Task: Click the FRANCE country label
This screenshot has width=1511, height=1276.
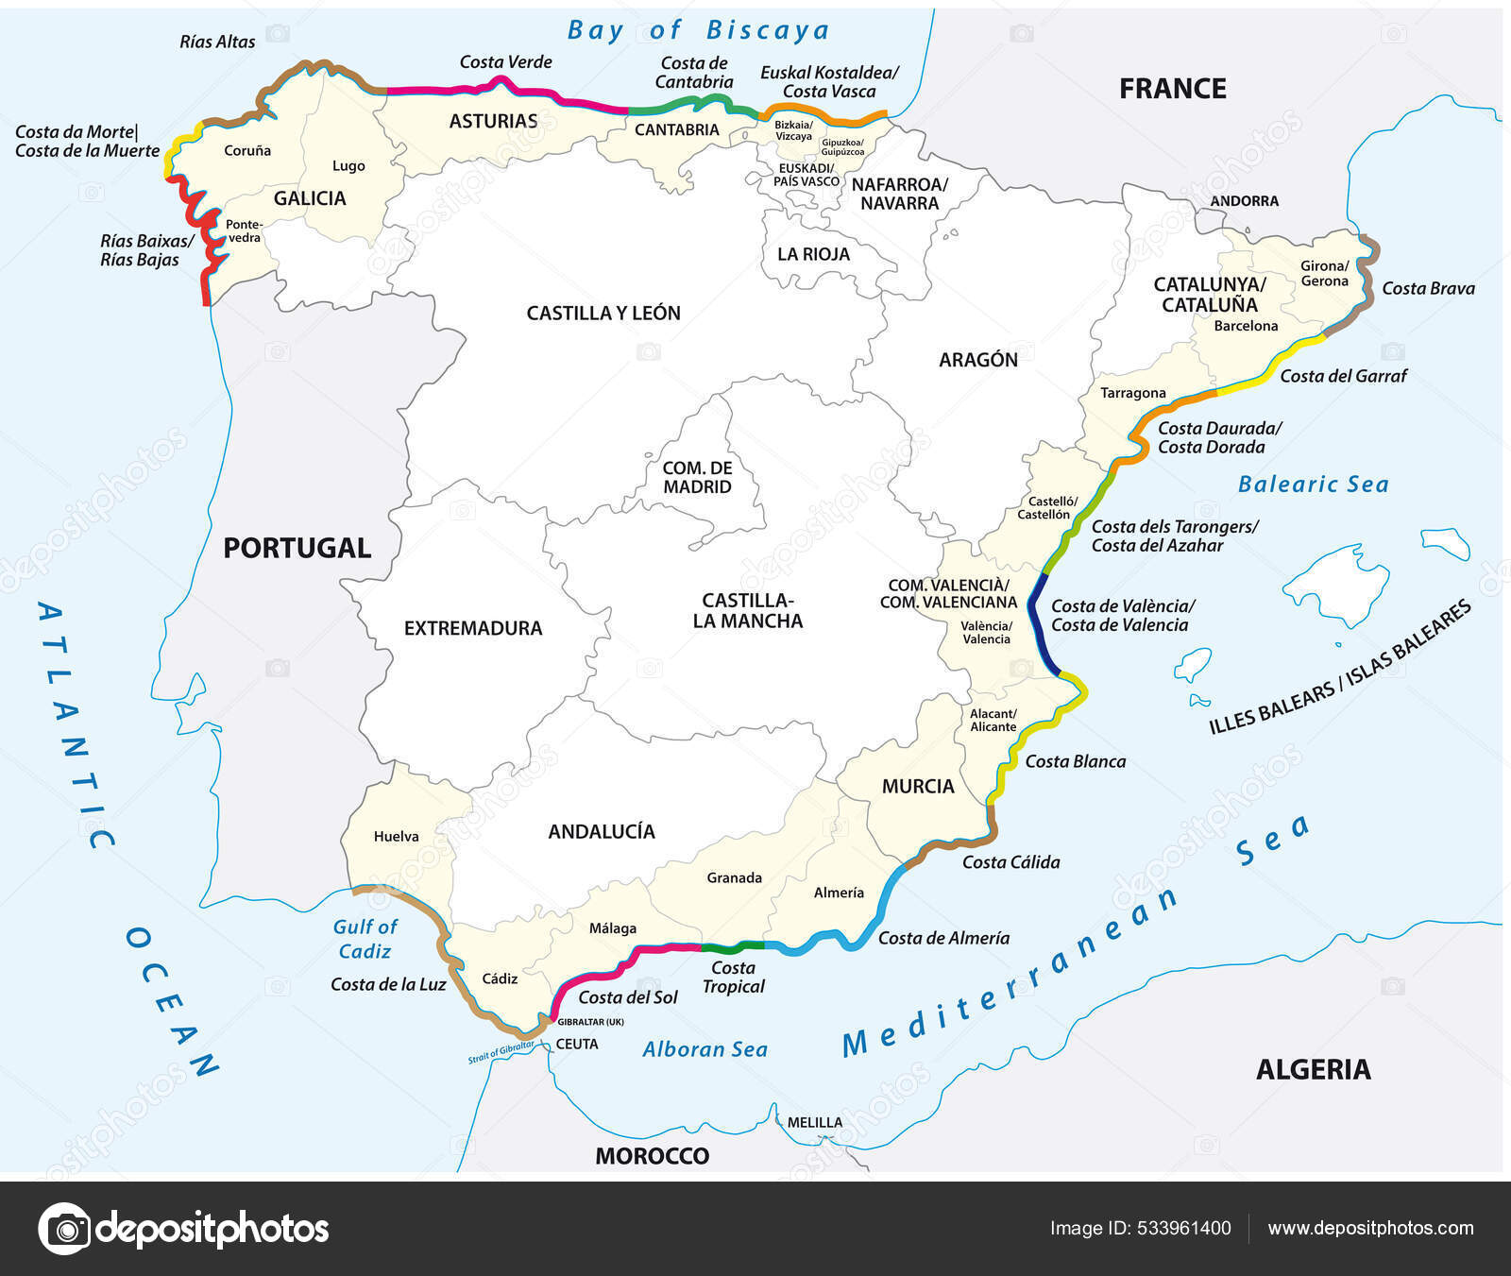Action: (x=1172, y=89)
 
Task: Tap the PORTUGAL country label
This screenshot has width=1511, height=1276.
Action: (x=297, y=548)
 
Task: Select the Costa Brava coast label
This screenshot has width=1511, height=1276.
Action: (x=1427, y=289)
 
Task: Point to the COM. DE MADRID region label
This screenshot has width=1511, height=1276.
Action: (x=697, y=478)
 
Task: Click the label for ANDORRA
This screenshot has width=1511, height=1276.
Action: (x=1244, y=201)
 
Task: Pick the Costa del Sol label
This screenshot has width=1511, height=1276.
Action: (x=628, y=997)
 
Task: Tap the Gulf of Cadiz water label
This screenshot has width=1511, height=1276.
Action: (x=365, y=939)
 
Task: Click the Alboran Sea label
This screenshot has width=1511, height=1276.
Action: (x=705, y=1049)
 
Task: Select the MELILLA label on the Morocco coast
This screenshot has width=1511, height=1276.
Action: (x=814, y=1122)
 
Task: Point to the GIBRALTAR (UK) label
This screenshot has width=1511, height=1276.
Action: (x=590, y=1022)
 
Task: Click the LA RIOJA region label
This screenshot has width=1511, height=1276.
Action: (x=813, y=254)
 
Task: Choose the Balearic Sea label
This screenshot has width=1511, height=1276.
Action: (x=1313, y=485)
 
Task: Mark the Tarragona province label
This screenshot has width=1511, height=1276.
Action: (x=1132, y=393)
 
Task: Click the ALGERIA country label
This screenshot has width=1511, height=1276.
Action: (x=1313, y=1069)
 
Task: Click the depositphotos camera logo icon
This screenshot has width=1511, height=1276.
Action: (x=64, y=1229)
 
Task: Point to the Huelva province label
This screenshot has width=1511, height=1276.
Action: (x=396, y=836)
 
